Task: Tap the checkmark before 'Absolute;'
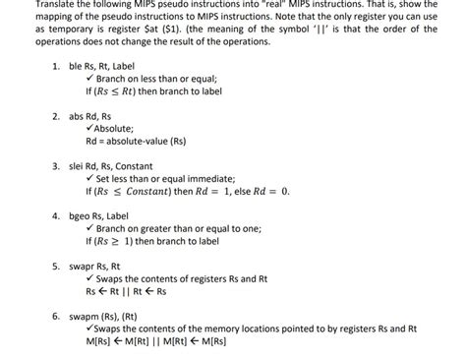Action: (x=89, y=128)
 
